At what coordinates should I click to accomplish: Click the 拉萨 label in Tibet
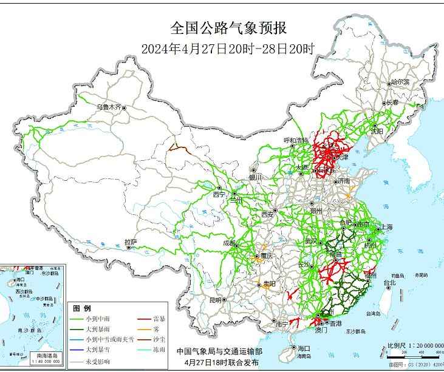point(131,242)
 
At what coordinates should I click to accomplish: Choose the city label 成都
point(230,243)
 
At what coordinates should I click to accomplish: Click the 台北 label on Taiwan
point(389,282)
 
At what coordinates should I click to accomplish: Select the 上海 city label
point(386,227)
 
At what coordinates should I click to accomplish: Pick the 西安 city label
point(267,214)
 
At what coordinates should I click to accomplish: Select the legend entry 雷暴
point(160,319)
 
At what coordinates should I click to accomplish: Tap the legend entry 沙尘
point(160,339)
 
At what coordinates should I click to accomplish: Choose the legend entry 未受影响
point(100,359)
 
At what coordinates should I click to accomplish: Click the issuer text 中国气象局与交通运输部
point(220,351)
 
